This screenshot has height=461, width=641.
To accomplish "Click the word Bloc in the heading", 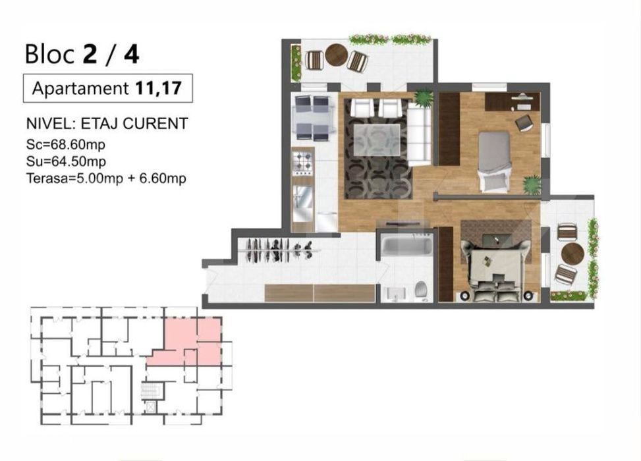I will pos(49,54).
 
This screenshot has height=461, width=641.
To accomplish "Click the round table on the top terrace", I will pos(337,55).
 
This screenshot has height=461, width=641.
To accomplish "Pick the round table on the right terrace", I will pos(572,254).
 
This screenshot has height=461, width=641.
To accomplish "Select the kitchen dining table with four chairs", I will pos(312,119).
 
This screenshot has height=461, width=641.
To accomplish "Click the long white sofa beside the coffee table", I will pos(419,135).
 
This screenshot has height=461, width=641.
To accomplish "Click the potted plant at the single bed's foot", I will pos(532,184).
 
